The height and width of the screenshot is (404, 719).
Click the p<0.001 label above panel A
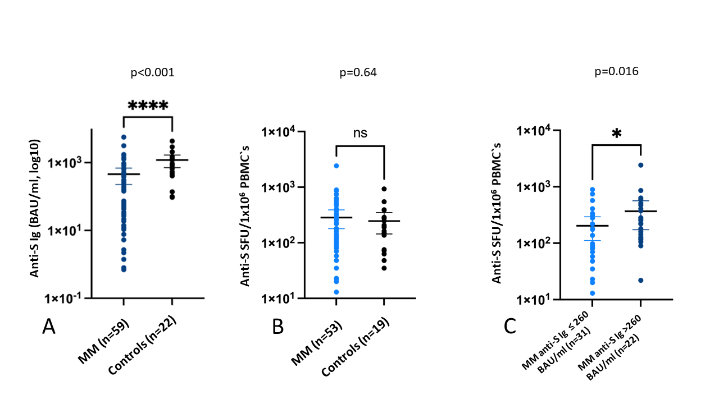[x=152, y=73]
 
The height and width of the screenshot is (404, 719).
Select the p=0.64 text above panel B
[x=358, y=73]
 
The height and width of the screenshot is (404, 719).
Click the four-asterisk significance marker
[x=148, y=105]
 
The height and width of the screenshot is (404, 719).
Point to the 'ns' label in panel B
[x=359, y=132]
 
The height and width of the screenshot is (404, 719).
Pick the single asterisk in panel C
[x=616, y=134]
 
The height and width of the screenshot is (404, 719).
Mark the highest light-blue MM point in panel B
[x=336, y=166]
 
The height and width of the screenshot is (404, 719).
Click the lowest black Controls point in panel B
[x=384, y=268]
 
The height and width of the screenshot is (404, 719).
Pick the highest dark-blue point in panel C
[x=640, y=165]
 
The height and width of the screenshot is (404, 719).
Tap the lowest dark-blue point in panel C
[x=640, y=280]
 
